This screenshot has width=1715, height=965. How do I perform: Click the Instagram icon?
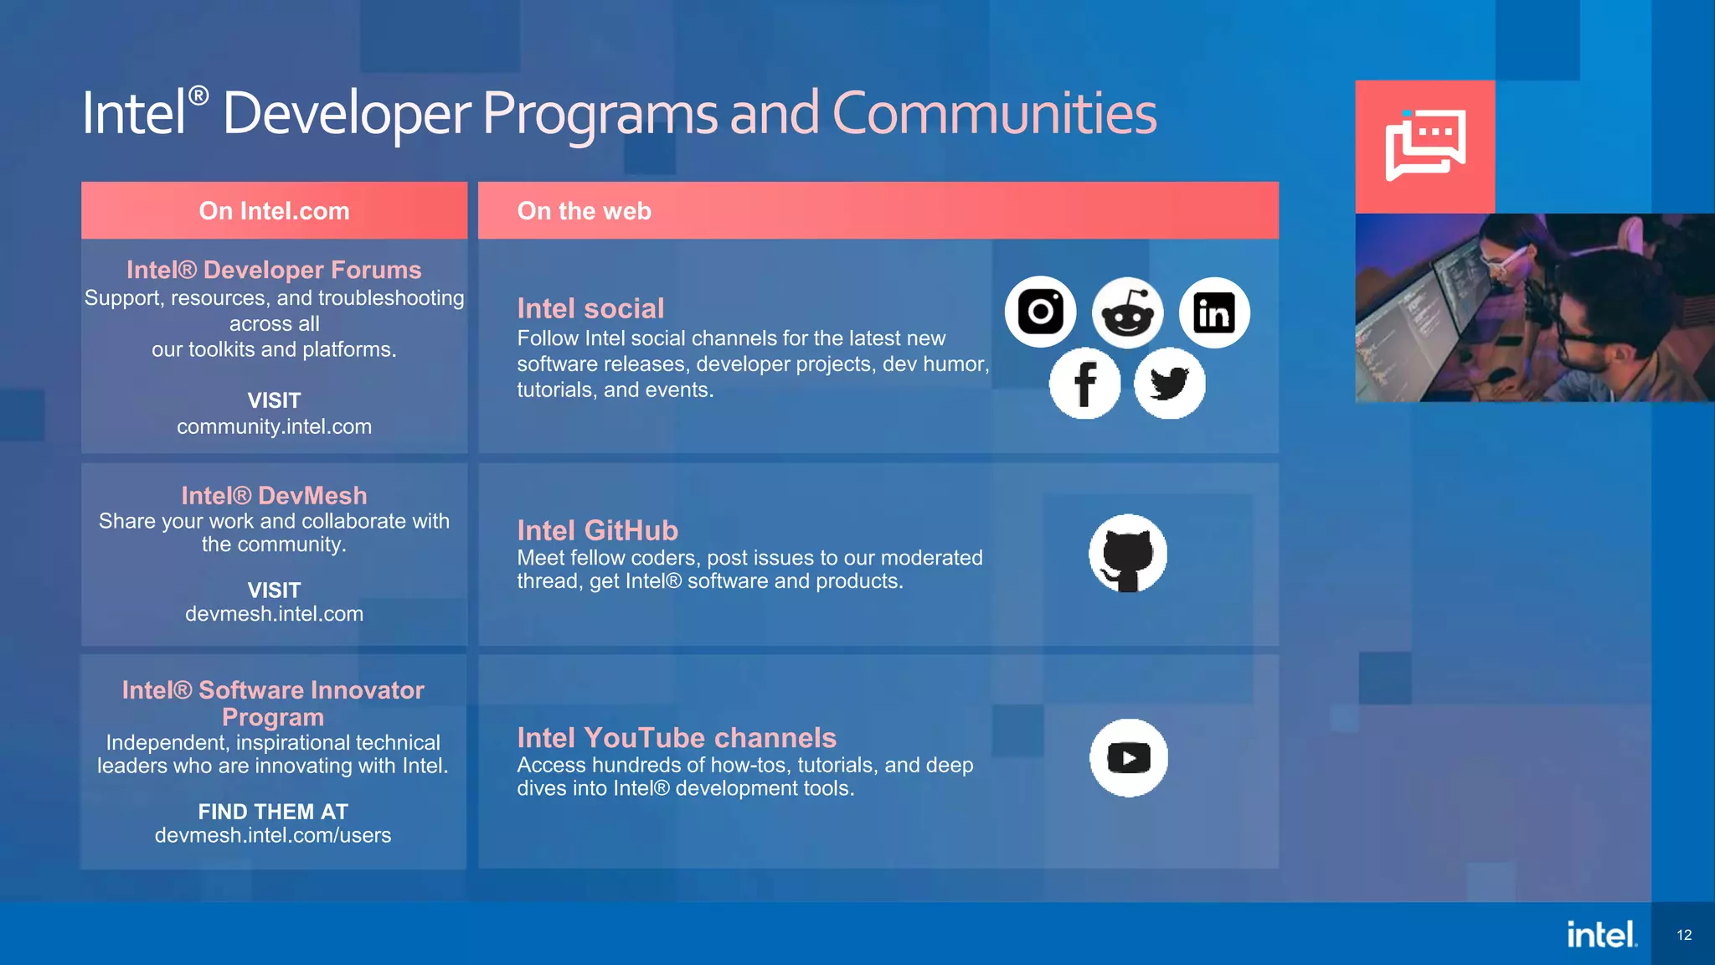coord(1040,312)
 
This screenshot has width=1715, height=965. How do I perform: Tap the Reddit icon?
coord(1127,312)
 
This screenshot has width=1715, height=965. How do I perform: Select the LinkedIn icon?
coord(1214,312)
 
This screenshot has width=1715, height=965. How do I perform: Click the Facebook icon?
coord(1084,384)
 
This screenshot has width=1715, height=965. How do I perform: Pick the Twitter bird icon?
coord(1170,384)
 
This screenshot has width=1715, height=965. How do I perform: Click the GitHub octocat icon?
coord(1127,554)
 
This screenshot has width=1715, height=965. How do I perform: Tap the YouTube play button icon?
coord(1128,758)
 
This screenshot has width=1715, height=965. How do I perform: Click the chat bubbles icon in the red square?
coord(1425,145)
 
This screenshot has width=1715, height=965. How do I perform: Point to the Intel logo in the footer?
coord(1601,934)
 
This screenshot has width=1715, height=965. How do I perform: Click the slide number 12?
coord(1684,935)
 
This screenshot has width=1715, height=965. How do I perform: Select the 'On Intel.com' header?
coord(274,211)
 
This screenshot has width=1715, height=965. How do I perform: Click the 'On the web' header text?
coord(584,211)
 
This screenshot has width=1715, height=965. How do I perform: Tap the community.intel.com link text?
coord(274,426)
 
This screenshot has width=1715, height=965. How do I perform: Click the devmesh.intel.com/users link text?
coord(273,835)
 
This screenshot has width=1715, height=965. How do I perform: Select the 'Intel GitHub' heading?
coord(597,530)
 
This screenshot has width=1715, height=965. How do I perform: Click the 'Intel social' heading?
coord(590,308)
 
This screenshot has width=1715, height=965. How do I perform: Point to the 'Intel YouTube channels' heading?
coord(677,737)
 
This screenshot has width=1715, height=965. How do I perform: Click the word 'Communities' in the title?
coord(994,113)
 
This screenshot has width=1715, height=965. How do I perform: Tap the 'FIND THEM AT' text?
coord(273,812)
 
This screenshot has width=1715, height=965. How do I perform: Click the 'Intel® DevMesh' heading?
coord(274,495)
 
